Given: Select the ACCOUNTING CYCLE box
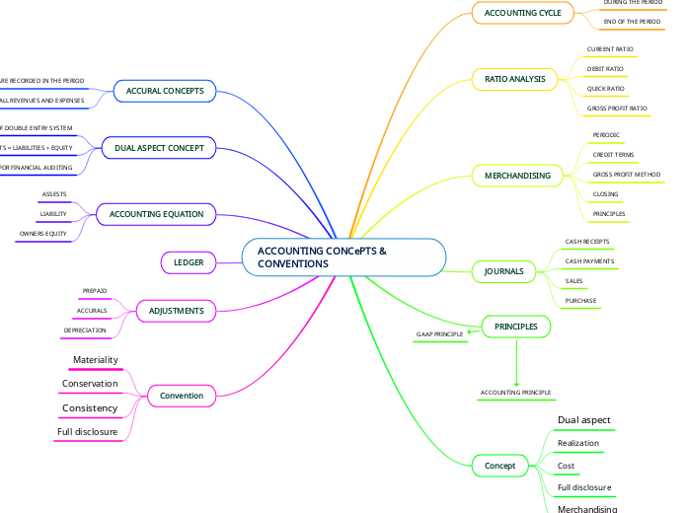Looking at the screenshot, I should click(522, 13).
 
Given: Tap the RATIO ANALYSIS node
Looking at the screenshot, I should click(514, 79).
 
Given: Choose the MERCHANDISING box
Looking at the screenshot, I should click(517, 176).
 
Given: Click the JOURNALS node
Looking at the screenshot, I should click(503, 271).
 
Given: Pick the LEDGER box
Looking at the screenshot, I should click(189, 262).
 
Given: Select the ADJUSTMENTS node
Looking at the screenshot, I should click(176, 311).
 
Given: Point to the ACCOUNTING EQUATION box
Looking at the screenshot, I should click(156, 213).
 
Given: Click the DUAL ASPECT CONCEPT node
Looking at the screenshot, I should click(158, 148).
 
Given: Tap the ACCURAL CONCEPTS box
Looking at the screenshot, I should click(165, 91).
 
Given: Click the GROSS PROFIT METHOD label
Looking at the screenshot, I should click(626, 174).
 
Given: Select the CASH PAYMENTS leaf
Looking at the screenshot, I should click(589, 261).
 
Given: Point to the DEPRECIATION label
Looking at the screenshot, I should click(85, 330).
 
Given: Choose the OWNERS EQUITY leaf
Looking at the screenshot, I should click(43, 234).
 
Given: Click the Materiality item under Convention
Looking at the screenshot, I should click(96, 360).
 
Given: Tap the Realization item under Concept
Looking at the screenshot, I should click(578, 444).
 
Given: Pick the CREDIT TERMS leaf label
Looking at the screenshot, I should click(613, 155).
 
